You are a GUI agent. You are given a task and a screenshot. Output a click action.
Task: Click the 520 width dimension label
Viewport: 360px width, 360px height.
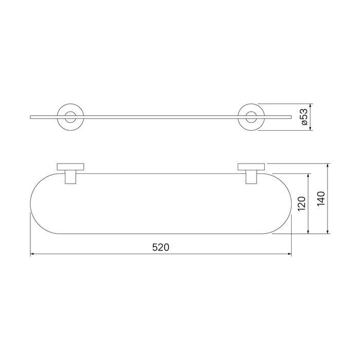click(x=160, y=247)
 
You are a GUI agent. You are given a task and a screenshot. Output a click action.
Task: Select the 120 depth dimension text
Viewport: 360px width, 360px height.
click(x=301, y=204)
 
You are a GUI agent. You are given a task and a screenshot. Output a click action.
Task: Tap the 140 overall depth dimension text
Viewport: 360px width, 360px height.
click(x=321, y=199)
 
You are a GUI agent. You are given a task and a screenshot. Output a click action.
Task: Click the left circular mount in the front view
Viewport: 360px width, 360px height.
click(x=57, y=117)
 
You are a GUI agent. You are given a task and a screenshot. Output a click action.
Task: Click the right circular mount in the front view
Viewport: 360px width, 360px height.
click(x=238, y=117)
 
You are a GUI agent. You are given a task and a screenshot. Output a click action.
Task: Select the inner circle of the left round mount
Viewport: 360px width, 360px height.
click(x=65, y=117)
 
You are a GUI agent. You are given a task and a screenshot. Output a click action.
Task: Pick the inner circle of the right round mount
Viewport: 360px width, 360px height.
click(x=246, y=117)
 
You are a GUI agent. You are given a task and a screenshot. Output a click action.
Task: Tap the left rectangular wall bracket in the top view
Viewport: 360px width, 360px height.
click(x=70, y=167)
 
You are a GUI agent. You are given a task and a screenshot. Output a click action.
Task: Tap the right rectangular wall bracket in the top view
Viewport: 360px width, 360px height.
click(x=251, y=167)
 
